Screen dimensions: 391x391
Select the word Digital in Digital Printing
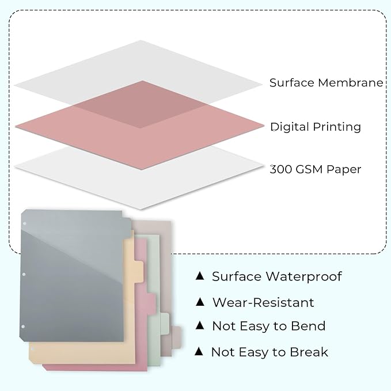tap(289, 127)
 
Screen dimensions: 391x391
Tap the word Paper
tap(344, 169)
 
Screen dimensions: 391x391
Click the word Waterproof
tap(303, 276)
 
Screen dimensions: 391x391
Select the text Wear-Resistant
tap(263, 302)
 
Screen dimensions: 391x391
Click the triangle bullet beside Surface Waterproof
tap(200, 276)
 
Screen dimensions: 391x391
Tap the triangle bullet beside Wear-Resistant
tap(200, 302)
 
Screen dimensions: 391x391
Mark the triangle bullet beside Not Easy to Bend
tap(200, 326)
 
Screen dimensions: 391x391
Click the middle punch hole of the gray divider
tap(24, 275)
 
